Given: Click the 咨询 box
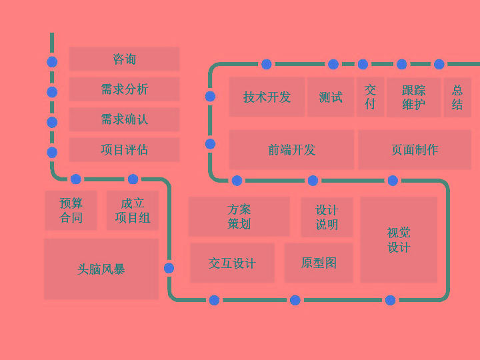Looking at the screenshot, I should coord(124,59).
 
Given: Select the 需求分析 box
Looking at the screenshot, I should coord(124,89).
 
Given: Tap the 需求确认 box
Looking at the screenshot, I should coord(124,119).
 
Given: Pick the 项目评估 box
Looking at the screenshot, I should coord(124,150).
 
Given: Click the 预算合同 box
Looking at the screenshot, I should coord(71,211).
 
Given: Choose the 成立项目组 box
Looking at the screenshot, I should coord(132,211).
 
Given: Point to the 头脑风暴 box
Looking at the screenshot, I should coord(101,269).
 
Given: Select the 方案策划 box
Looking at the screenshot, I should coord(239,217).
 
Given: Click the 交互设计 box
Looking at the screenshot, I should coord(232,263).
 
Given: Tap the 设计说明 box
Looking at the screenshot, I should coord(327,217).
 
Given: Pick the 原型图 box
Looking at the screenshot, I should coord(319,263).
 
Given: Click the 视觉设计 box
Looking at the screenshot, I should coord(399,240).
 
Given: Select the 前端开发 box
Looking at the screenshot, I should coord(291,150).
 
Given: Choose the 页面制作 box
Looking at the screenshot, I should coord(415,150).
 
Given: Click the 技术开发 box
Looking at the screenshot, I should coord(267,97).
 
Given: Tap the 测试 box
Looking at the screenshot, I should coord(331,97).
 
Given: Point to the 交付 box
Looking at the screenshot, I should coord(370,97).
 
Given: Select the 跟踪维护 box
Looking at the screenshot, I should coord(413,97).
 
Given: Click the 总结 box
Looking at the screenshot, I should coord(457,97).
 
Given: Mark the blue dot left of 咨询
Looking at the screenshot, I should coord(52,62).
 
